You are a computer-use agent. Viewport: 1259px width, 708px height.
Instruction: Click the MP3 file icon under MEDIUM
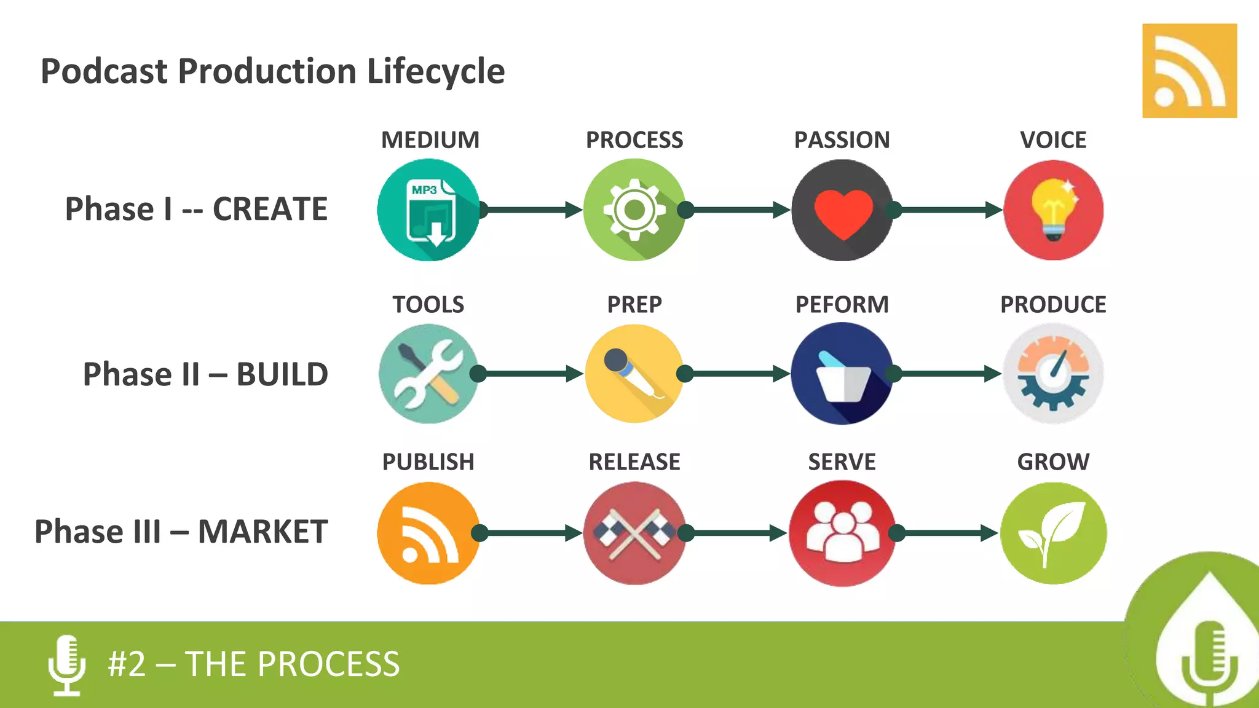click(429, 210)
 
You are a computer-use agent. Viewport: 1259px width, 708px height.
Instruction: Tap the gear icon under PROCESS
click(634, 210)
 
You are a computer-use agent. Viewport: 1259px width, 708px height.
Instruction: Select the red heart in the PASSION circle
click(843, 213)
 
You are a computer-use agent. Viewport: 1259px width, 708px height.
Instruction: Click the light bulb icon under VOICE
click(1053, 210)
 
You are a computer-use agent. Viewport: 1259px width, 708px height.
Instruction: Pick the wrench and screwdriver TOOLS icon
click(428, 374)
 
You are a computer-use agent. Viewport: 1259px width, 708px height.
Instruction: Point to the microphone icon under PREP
click(634, 374)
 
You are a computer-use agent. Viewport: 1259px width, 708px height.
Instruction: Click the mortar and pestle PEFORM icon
click(842, 374)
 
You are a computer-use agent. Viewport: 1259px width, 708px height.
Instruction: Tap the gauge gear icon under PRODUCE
click(1053, 374)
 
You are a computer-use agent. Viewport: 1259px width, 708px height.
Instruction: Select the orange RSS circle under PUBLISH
click(428, 533)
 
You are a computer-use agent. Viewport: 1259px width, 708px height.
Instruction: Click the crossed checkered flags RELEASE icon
click(634, 533)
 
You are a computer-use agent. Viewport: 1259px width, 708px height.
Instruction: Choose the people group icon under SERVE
click(842, 533)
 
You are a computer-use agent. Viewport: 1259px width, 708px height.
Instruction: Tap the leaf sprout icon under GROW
click(1053, 533)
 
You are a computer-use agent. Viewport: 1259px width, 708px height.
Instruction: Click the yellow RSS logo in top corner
click(1189, 71)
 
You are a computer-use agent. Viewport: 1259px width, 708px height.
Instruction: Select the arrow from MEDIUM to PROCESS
click(531, 210)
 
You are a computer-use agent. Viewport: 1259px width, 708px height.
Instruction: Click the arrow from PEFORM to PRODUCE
click(947, 374)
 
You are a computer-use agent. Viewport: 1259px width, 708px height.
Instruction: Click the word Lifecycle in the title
click(436, 71)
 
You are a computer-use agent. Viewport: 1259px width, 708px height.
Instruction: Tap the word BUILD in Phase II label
click(282, 374)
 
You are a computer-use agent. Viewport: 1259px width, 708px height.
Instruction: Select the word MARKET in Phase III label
click(262, 532)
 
